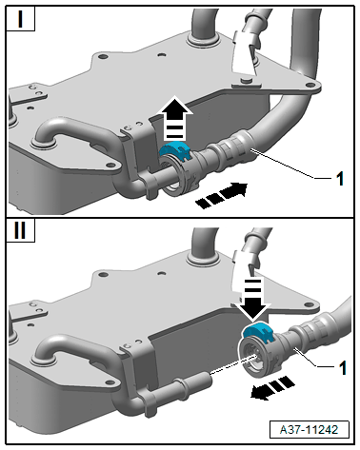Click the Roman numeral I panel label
[x=20, y=19]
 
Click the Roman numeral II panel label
[x=20, y=230]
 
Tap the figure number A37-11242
[x=309, y=429]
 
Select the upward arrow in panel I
[x=175, y=119]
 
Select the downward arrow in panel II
[x=253, y=298]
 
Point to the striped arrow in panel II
[x=272, y=388]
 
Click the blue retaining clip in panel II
[x=259, y=332]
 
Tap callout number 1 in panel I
[x=340, y=179]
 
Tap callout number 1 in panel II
[x=343, y=368]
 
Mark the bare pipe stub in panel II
[x=192, y=382]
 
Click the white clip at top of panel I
[x=245, y=52]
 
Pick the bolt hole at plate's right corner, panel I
[x=309, y=85]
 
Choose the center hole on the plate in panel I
[x=162, y=54]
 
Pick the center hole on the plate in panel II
[x=162, y=273]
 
